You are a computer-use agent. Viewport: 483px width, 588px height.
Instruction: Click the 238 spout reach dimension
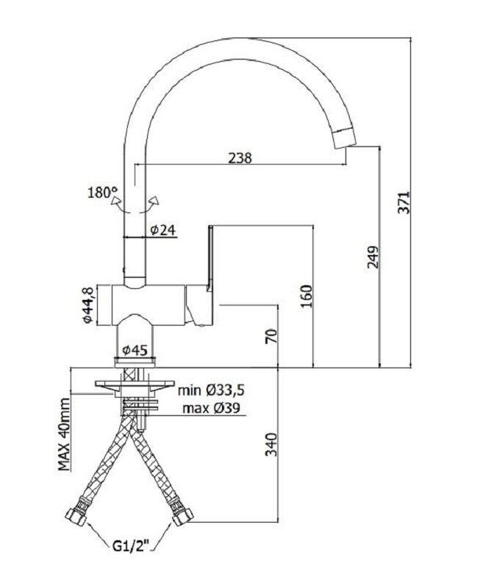point(240,158)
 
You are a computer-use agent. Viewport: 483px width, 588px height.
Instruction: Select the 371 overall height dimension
point(404,203)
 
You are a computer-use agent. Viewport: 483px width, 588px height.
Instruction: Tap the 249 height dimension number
point(373,257)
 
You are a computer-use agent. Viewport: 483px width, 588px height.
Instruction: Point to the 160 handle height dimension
point(306,296)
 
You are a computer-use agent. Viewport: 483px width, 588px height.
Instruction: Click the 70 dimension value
point(271,336)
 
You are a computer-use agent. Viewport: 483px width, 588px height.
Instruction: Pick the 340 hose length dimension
point(271,445)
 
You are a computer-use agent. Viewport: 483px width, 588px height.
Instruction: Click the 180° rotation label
point(102,193)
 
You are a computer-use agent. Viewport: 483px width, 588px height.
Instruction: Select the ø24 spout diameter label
point(163,229)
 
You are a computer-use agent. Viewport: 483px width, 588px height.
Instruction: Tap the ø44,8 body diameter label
point(87,305)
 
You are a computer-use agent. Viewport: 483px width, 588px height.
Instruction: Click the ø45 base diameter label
point(135,351)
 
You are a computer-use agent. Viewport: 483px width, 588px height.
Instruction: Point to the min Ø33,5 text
point(211,390)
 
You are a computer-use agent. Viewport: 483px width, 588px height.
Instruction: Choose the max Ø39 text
point(211,408)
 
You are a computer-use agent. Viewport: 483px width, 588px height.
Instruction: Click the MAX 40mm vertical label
point(64,434)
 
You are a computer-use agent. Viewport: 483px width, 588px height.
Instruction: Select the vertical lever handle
point(210,259)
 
